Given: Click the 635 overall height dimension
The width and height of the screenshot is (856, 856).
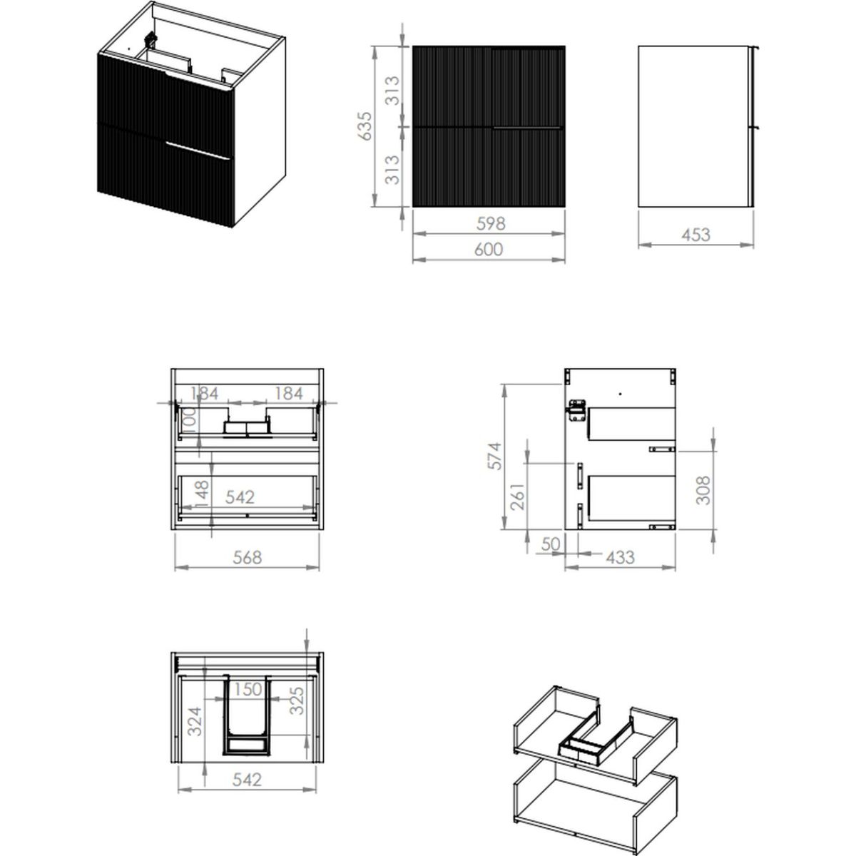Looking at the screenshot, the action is click(365, 126).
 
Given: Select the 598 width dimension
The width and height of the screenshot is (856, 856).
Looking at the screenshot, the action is click(490, 223).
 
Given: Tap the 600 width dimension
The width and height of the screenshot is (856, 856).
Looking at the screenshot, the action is click(489, 249).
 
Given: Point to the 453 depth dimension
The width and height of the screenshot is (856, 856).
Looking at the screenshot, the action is click(695, 235).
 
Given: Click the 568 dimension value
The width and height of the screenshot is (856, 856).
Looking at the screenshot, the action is click(247, 557).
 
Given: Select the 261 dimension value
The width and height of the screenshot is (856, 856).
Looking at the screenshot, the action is click(517, 496).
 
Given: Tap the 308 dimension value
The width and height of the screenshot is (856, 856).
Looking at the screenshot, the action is click(703, 490).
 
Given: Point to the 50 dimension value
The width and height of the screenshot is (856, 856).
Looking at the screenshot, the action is click(551, 544).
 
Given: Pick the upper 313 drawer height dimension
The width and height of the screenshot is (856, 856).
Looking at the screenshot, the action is click(392, 91).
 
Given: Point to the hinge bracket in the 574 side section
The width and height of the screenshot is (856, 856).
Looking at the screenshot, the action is click(576, 410).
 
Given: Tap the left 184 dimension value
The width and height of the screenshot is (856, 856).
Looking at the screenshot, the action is click(204, 393).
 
